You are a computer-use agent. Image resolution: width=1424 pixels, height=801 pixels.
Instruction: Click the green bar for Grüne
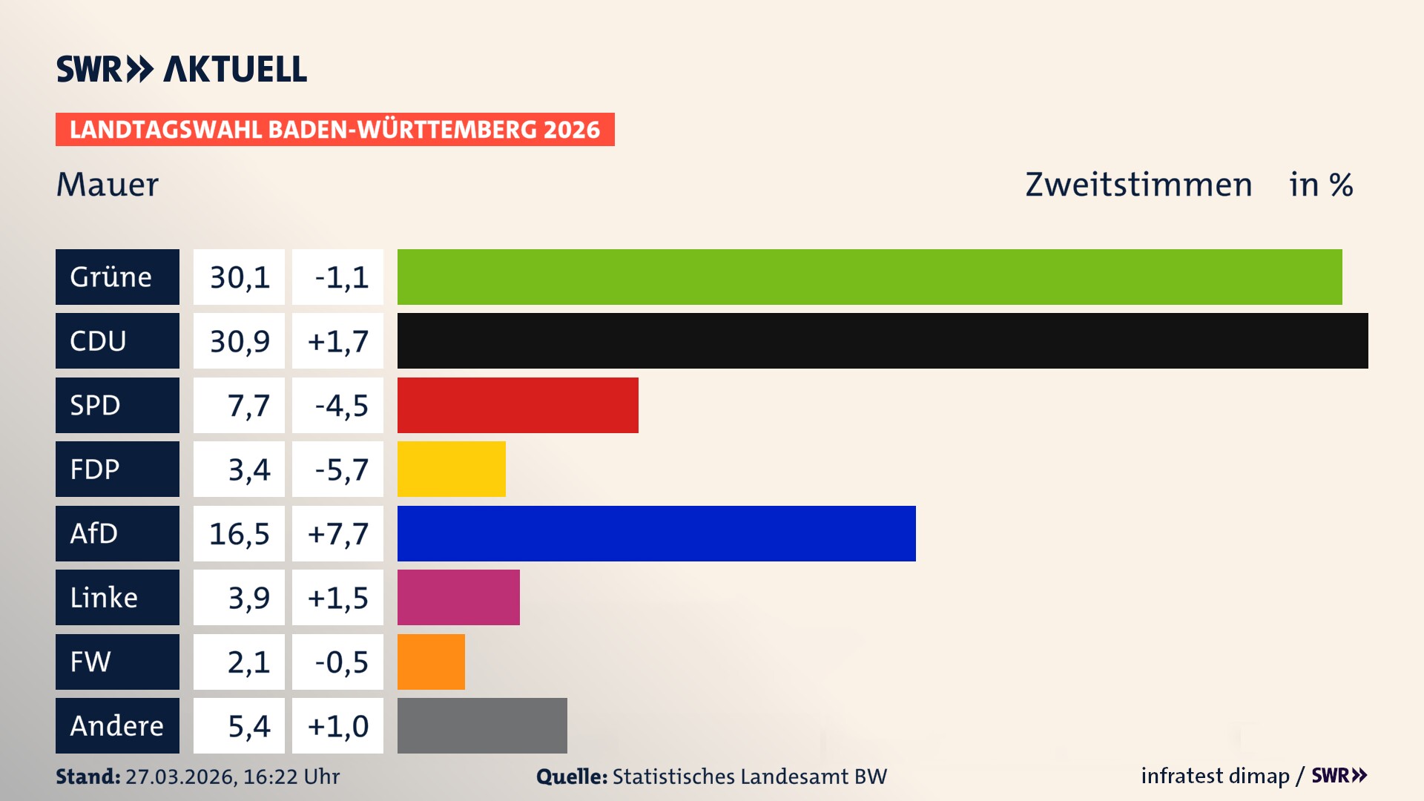869,277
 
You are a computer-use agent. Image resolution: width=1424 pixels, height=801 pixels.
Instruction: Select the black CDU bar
883,341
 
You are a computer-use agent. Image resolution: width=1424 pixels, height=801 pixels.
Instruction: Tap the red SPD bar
518,405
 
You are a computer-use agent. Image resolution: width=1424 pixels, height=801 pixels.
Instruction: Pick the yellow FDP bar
451,469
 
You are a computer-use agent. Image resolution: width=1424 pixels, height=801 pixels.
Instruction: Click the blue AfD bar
656,533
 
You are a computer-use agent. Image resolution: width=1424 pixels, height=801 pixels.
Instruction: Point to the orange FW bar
431,662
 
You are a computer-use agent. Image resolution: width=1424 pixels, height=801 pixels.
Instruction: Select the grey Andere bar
482,725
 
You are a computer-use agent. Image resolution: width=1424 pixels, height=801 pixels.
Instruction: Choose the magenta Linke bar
458,598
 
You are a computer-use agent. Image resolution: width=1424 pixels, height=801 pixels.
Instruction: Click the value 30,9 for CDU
239,341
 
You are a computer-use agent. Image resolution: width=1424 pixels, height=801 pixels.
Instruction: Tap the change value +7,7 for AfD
337,533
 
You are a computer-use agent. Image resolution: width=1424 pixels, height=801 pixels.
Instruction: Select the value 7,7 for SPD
248,406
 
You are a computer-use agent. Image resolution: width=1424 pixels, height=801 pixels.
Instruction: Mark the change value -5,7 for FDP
340,469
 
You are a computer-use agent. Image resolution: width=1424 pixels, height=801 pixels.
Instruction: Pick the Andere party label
117,725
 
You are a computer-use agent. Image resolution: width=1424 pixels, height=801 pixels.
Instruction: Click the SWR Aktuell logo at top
181,69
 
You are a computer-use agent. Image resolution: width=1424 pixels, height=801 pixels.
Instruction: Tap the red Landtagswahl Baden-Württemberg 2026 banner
334,130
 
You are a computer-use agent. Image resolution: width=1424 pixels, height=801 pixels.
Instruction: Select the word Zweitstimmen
1138,185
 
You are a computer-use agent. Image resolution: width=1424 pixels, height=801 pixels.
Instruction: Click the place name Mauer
108,185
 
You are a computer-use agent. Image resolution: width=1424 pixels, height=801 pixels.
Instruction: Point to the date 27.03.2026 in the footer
180,777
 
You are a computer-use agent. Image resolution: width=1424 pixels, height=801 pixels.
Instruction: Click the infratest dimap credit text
1215,776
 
